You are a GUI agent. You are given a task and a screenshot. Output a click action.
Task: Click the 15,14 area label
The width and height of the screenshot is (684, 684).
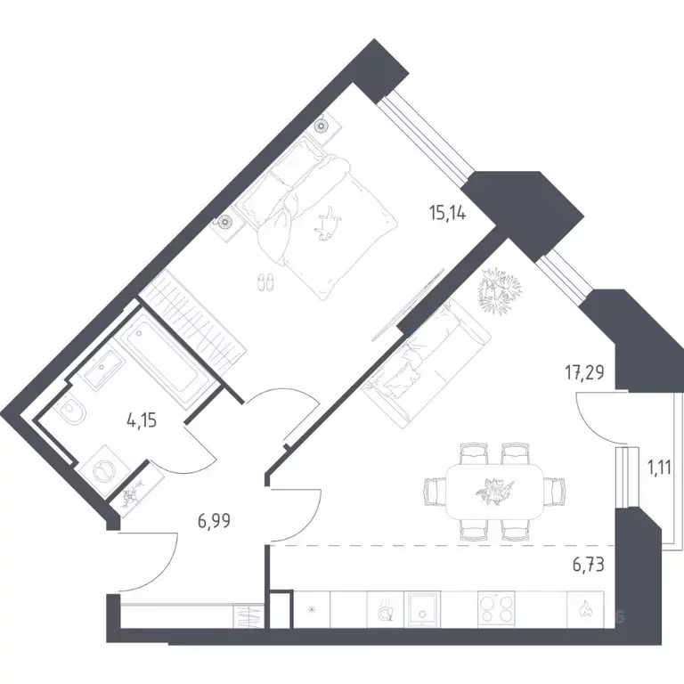pyautogui.click(x=448, y=214)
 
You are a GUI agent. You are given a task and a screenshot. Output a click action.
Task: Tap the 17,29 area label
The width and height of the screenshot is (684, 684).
pyautogui.click(x=585, y=373)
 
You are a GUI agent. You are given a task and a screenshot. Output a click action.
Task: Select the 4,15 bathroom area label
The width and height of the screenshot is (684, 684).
pyautogui.click(x=142, y=421)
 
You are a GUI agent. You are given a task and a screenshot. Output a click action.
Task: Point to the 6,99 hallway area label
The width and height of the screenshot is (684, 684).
pyautogui.click(x=214, y=521)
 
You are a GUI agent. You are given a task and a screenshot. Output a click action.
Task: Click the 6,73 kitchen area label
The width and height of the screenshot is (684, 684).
pyautogui.click(x=588, y=565)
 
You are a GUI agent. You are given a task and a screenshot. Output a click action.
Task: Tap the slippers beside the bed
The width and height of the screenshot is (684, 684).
pyautogui.click(x=265, y=282)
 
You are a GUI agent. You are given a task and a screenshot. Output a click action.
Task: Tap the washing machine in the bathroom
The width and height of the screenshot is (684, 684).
pyautogui.click(x=105, y=471)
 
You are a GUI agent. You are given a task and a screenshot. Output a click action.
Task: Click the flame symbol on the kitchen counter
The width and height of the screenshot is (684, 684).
pyautogui.click(x=584, y=608)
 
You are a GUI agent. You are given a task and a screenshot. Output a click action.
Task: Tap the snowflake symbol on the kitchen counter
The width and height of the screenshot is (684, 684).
pyautogui.click(x=312, y=609)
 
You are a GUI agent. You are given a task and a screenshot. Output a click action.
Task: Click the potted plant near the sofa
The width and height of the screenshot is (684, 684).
pyautogui.click(x=500, y=290)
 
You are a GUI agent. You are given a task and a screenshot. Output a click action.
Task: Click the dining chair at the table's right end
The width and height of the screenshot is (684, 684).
pyautogui.click(x=555, y=492)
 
